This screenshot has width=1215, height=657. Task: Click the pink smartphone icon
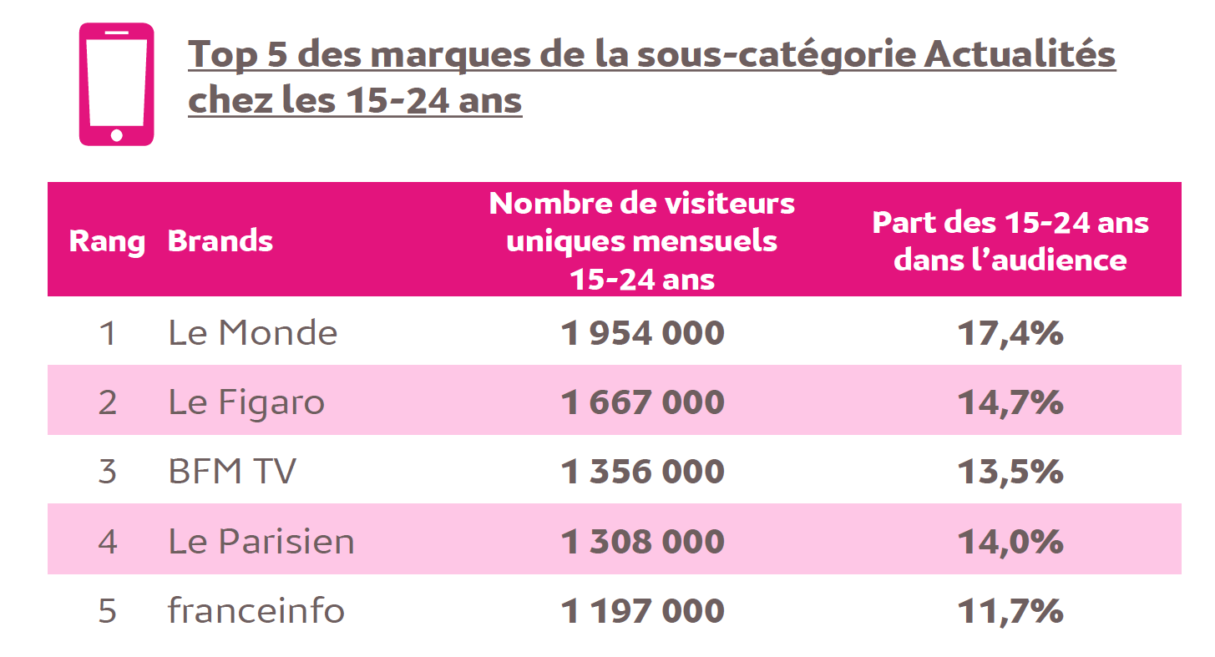(116, 84)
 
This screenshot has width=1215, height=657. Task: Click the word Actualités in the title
(1020, 55)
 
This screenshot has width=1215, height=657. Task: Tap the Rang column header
(107, 241)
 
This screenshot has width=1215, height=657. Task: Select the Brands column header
(220, 241)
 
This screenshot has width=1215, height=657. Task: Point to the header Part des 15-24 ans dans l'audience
(1010, 240)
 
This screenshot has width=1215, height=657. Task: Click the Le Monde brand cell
(253, 333)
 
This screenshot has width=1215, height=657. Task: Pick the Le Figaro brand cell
(246, 402)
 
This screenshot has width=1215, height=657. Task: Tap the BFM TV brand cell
(232, 472)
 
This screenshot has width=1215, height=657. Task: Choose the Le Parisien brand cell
(261, 541)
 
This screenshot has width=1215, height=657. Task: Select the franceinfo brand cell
(256, 610)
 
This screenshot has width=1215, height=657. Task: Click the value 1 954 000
(642, 333)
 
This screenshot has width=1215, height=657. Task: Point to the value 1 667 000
(642, 402)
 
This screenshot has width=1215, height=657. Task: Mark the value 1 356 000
(642, 472)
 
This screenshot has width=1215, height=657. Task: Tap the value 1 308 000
(642, 541)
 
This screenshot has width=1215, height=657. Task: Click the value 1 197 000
(642, 610)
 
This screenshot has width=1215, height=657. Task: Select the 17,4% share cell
(1010, 333)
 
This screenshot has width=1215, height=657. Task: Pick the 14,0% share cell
(1010, 541)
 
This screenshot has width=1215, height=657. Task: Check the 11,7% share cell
(1010, 610)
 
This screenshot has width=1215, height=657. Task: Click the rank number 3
(107, 472)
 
